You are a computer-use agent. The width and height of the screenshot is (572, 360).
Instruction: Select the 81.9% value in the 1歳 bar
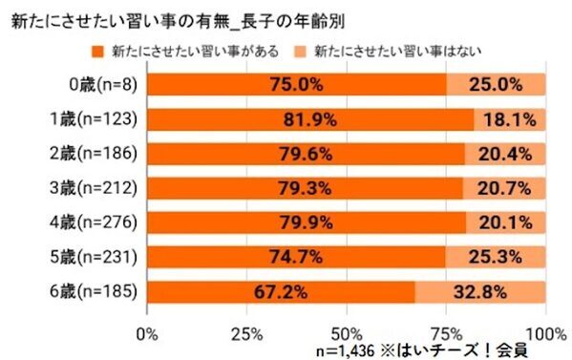pyautogui.click(x=309, y=120)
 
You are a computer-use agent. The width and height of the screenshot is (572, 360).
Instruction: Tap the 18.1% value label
pyautogui.click(x=509, y=120)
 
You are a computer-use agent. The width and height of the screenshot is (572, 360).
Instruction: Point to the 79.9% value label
pyautogui.click(x=305, y=222)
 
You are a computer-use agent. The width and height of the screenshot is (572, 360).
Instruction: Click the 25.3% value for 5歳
pyautogui.click(x=496, y=257)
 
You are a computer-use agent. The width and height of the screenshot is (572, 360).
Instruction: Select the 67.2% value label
pyautogui.click(x=279, y=291)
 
